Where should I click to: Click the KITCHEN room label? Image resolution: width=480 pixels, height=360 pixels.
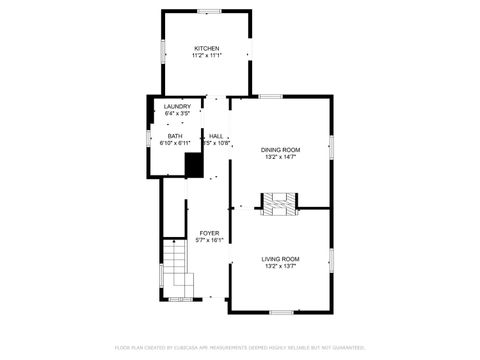(207, 48)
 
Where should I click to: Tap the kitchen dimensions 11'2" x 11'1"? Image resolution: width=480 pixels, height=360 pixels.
(207, 56)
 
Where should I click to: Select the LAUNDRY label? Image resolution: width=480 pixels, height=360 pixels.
(177, 107)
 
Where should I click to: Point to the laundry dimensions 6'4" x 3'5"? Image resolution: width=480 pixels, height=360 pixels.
(177, 114)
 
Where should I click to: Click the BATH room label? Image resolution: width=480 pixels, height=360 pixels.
(175, 136)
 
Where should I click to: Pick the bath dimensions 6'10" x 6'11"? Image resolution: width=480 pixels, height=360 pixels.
(175, 143)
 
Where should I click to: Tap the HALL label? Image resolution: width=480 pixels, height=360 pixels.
(216, 136)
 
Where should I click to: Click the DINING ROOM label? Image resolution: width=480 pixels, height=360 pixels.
(281, 150)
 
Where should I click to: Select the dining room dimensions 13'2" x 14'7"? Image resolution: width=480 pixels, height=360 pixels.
(281, 157)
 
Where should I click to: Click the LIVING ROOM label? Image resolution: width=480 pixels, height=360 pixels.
(281, 259)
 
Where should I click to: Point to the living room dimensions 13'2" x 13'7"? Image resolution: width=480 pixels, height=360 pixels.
(281, 266)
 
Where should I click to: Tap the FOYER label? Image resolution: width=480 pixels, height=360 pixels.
(209, 233)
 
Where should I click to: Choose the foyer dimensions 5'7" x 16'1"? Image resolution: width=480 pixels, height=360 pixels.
(209, 240)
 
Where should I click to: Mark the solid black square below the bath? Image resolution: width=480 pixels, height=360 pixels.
(194, 165)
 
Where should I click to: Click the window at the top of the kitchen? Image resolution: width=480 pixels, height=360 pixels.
(209, 11)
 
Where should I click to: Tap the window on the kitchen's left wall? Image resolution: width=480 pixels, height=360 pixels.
(163, 51)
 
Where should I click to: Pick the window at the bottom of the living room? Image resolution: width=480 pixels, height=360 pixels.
(281, 312)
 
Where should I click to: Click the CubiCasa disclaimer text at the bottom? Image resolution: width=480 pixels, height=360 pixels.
(240, 348)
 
